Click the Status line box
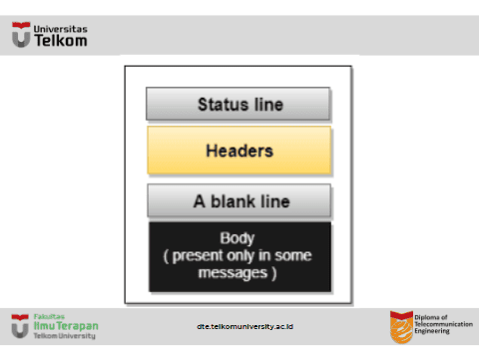pyautogui.click(x=239, y=104)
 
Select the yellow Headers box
pyautogui.click(x=239, y=151)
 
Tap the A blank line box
pyautogui.click(x=239, y=200)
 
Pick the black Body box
pyautogui.click(x=239, y=256)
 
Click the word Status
pyautogui.click(x=224, y=105)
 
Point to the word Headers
pyautogui.click(x=239, y=151)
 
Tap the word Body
pyautogui.click(x=238, y=238)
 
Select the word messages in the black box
pyautogui.click(x=233, y=273)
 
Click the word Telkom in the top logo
pyautogui.click(x=61, y=41)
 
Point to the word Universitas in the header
pyautogui.click(x=60, y=29)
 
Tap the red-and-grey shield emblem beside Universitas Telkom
pyautogui.click(x=21, y=35)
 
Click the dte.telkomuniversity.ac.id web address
pyautogui.click(x=244, y=326)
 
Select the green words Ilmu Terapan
pyautogui.click(x=66, y=326)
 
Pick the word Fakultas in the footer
pyautogui.click(x=49, y=316)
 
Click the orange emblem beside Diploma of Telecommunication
pyautogui.click(x=401, y=327)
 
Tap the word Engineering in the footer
pyautogui.click(x=432, y=331)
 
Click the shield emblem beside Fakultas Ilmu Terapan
pyautogui.click(x=20, y=326)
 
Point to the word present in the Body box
pyautogui.click(x=198, y=256)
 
